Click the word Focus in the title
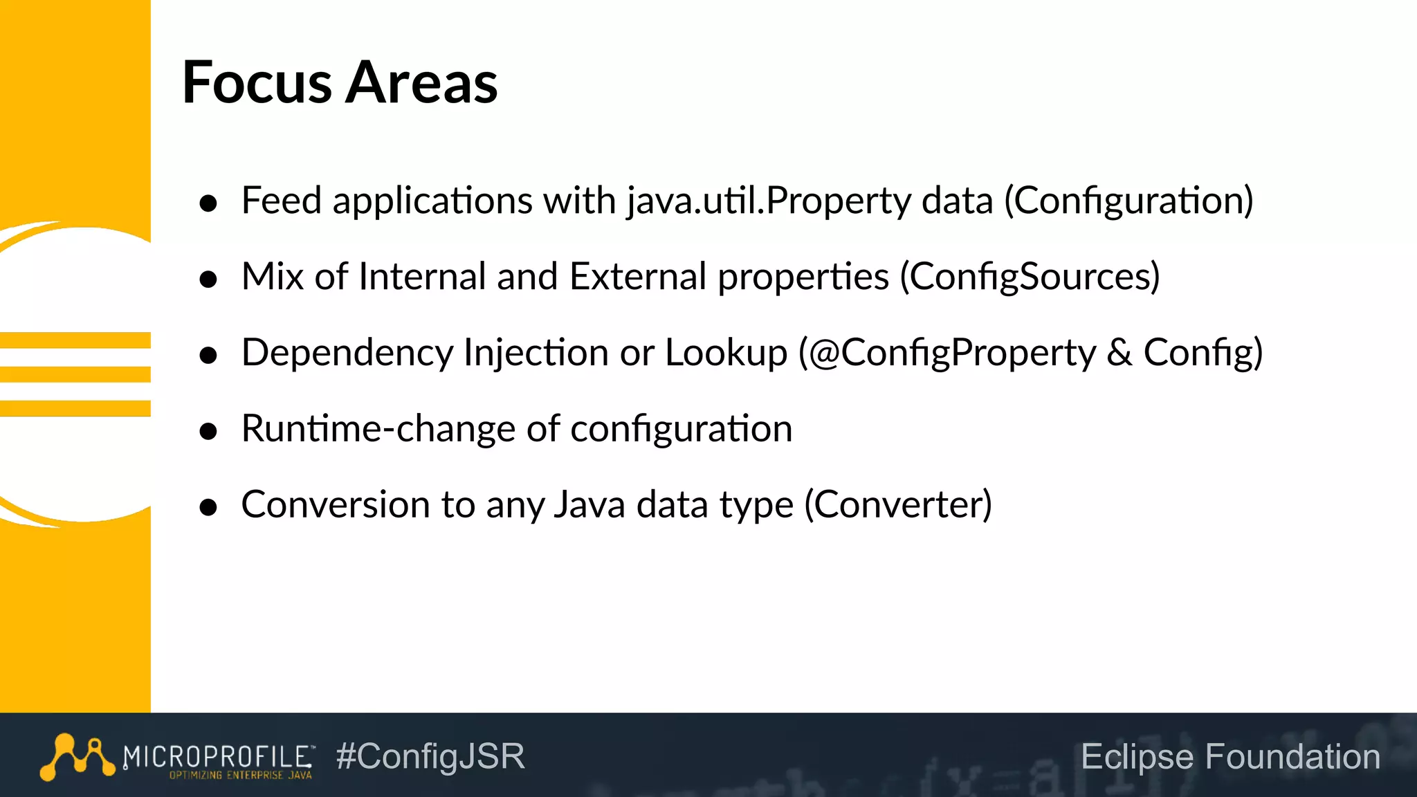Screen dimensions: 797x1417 pyautogui.click(x=257, y=82)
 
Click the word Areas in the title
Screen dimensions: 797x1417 pyautogui.click(x=421, y=82)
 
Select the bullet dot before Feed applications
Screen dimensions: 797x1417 pyautogui.click(x=208, y=203)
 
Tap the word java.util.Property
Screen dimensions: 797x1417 pyautogui.click(x=769, y=201)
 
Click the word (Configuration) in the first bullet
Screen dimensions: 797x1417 pyautogui.click(x=1128, y=201)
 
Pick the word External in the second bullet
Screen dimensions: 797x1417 pyautogui.click(x=637, y=277)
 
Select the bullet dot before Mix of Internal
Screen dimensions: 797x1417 pyautogui.click(x=208, y=280)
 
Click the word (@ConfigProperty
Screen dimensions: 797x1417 pyautogui.click(x=947, y=353)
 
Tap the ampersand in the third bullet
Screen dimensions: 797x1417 pyautogui.click(x=1119, y=353)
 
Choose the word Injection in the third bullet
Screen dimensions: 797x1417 pyautogui.click(x=536, y=353)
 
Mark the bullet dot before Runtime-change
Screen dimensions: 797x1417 pyautogui.click(x=208, y=432)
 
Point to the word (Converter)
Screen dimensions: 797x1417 pyautogui.click(x=897, y=504)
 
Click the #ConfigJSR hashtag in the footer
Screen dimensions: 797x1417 pyautogui.click(x=430, y=756)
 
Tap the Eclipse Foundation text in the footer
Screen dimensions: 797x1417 pyautogui.click(x=1230, y=756)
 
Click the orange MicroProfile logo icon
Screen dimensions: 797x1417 pyautogui.click(x=77, y=757)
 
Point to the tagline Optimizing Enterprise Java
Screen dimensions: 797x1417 pyautogui.click(x=240, y=776)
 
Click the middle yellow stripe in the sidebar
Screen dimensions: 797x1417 pyautogui.click(x=75, y=374)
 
